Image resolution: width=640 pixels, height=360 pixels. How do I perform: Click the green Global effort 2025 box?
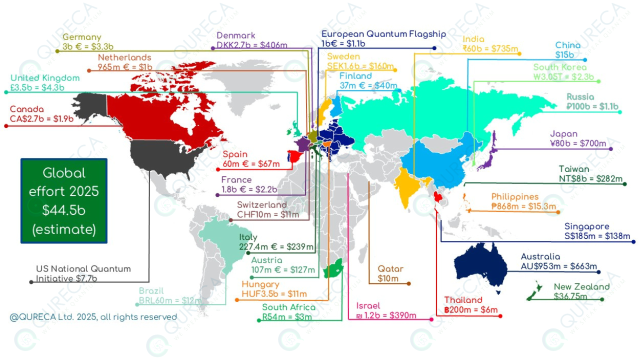point(63,201)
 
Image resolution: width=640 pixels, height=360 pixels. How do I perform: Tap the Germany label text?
point(82,37)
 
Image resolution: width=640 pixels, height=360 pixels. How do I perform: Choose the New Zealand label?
point(581,287)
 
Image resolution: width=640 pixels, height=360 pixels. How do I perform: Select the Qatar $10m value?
point(388,278)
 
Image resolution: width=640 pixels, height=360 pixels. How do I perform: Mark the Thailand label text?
point(463,300)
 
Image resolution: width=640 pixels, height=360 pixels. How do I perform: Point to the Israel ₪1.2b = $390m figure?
point(386,315)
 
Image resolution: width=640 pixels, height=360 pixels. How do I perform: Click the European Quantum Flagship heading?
point(383,34)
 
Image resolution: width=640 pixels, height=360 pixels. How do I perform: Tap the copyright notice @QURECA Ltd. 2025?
point(93,317)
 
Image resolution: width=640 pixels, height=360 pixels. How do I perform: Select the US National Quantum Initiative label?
point(83,274)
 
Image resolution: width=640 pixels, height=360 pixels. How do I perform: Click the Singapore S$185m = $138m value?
point(597,236)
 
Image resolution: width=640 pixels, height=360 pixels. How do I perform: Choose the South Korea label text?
point(560,67)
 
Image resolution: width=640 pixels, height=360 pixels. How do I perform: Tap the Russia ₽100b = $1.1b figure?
point(592,106)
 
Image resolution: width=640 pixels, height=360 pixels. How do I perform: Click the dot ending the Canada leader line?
point(6,126)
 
